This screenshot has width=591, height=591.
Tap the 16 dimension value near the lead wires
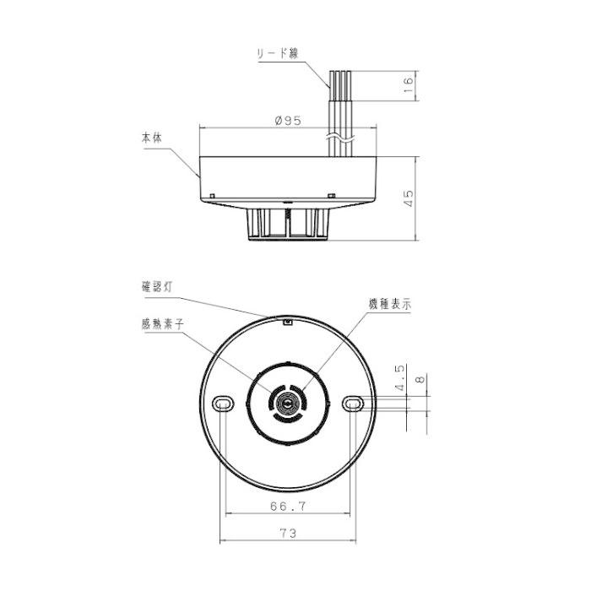point(408,83)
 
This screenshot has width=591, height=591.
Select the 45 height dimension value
point(408,198)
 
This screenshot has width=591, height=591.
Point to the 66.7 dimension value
point(288,507)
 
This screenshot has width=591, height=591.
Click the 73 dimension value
point(288,534)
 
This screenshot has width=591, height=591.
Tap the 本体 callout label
point(153,137)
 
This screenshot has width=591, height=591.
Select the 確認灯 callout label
point(159,287)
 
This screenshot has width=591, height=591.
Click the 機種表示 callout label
point(390,306)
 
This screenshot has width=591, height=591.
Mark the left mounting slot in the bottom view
point(223,404)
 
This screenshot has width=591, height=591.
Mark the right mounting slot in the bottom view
point(353,404)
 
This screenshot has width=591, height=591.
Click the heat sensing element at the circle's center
point(288,404)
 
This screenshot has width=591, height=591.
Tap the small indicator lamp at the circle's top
point(288,320)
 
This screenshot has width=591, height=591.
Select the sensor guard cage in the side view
point(288,224)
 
